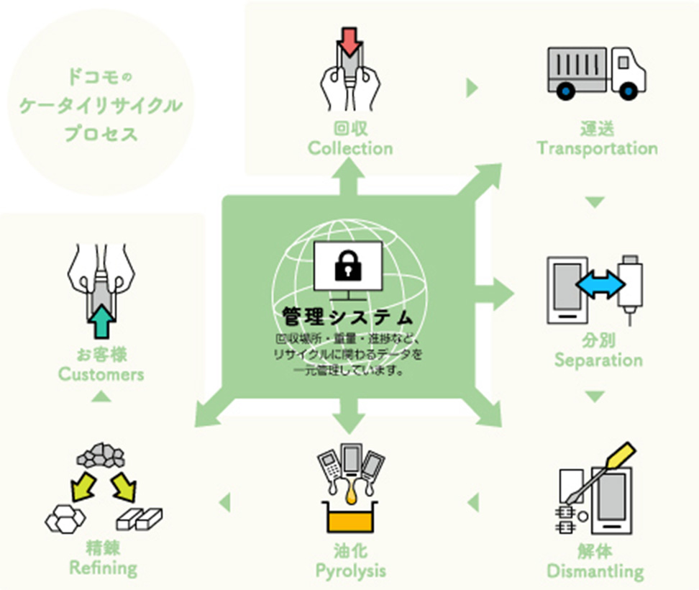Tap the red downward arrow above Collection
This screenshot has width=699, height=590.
coord(349,41)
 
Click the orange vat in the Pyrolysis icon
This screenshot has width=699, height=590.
coord(350,518)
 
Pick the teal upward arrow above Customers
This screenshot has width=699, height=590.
coord(102,320)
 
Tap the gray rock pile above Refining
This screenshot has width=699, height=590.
coord(101,456)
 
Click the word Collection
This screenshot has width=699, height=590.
coord(350,149)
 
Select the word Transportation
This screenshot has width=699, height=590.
coord(597,149)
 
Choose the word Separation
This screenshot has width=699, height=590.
coord(598,360)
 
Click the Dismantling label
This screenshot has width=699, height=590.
coord(595,572)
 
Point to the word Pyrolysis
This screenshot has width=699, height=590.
coord(350,571)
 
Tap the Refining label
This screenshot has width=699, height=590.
coord(103,568)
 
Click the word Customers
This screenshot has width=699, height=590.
coord(101,374)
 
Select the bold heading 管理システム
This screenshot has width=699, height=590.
coord(347,317)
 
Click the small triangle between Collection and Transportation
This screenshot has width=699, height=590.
coord(472,88)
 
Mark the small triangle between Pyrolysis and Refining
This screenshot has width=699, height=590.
coord(224,501)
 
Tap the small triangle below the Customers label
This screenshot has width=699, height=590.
coord(102,395)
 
